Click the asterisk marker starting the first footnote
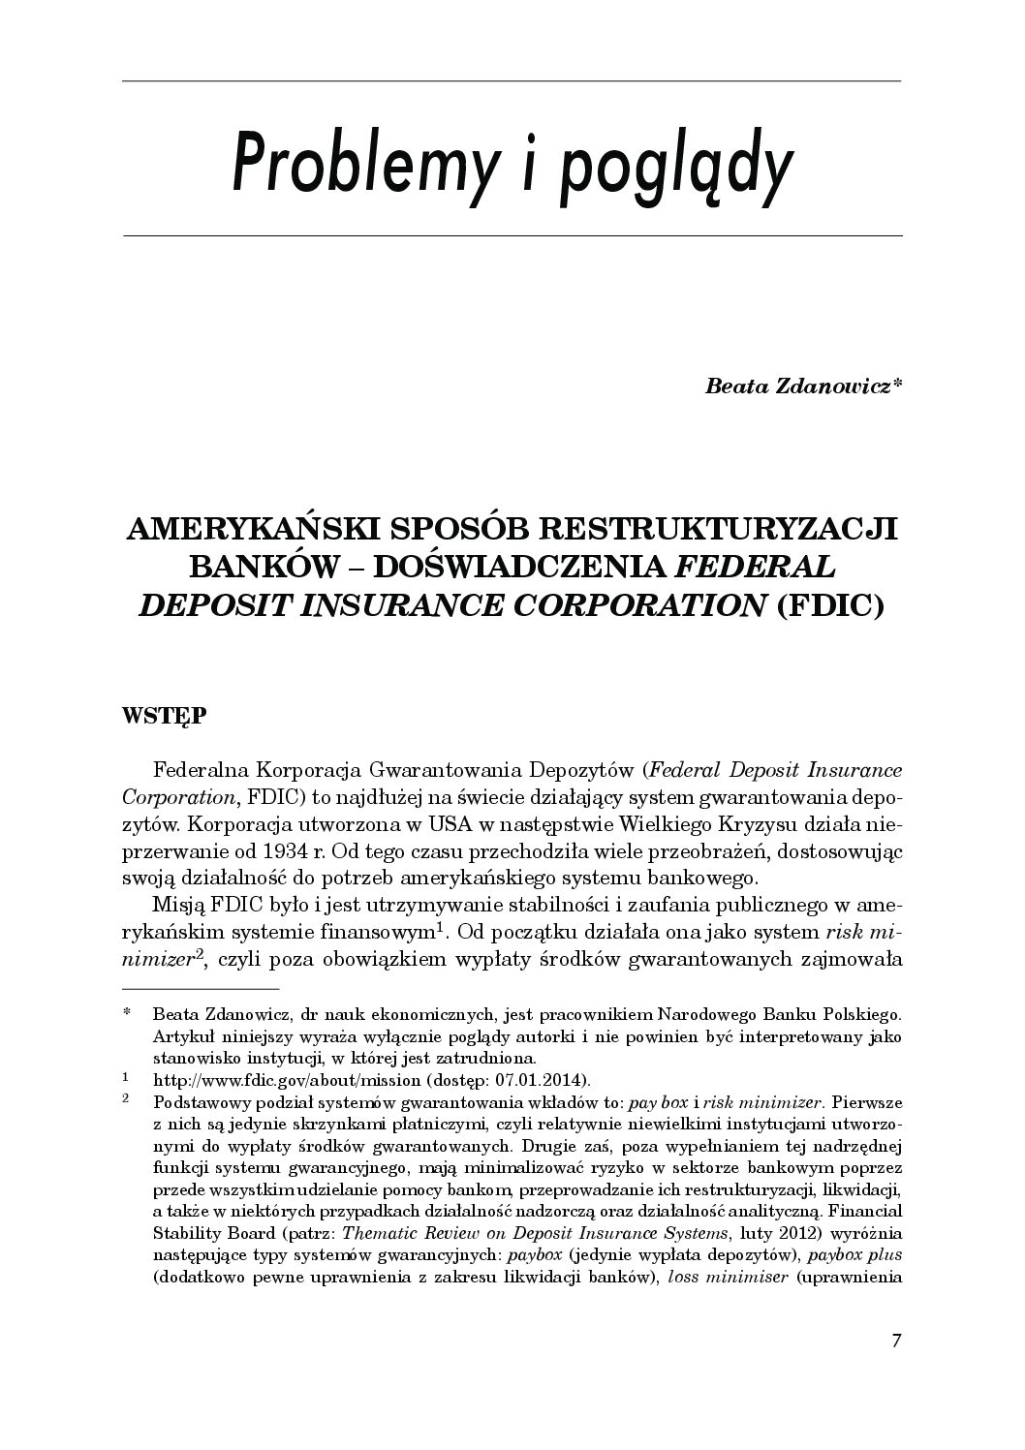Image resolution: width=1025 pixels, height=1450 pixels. pos(127,1015)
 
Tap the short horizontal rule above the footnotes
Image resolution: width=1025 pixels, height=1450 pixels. pos(201,989)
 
